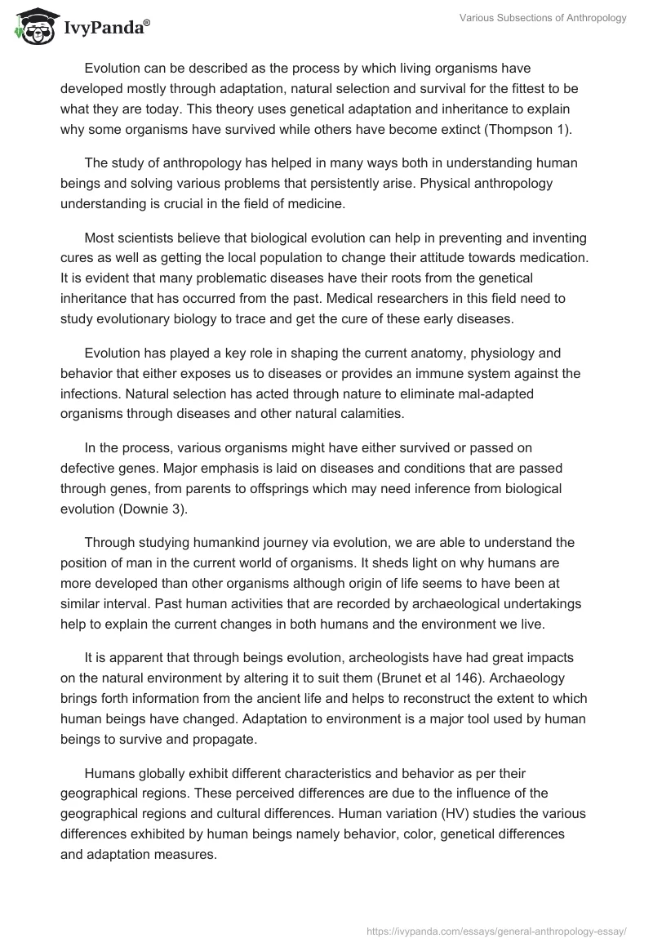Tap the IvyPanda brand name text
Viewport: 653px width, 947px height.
(106, 29)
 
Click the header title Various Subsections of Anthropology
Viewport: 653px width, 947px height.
(540, 19)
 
